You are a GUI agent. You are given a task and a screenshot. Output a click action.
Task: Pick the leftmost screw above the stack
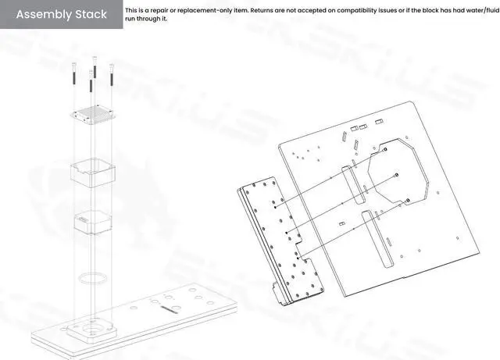tap(72, 74)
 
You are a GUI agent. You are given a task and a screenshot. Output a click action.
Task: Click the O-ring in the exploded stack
tap(92, 277)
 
